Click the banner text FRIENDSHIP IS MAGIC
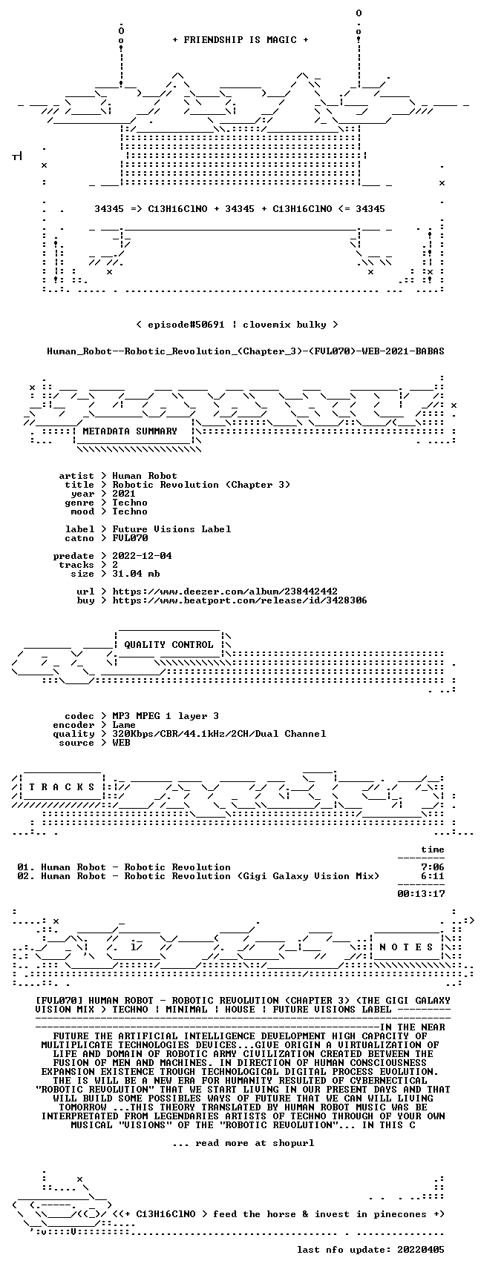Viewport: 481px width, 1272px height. [240, 40]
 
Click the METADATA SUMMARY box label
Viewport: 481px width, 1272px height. [130, 431]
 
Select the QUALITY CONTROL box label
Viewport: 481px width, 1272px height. [168, 645]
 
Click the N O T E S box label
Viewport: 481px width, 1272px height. [406, 947]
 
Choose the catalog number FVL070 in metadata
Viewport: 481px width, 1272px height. [130, 538]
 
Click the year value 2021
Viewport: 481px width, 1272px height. [124, 494]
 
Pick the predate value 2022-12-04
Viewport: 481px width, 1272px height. [142, 556]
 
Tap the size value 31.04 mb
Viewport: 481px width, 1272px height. [136, 574]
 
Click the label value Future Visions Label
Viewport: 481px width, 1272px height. [171, 529]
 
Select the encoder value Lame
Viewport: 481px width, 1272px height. [124, 725]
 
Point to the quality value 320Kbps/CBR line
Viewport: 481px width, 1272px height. [219, 734]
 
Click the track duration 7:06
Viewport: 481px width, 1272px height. [433, 867]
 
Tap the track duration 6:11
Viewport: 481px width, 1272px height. [433, 876]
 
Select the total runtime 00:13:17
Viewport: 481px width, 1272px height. [421, 894]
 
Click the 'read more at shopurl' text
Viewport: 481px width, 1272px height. [243, 1143]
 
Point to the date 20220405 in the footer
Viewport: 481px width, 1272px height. [421, 1250]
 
